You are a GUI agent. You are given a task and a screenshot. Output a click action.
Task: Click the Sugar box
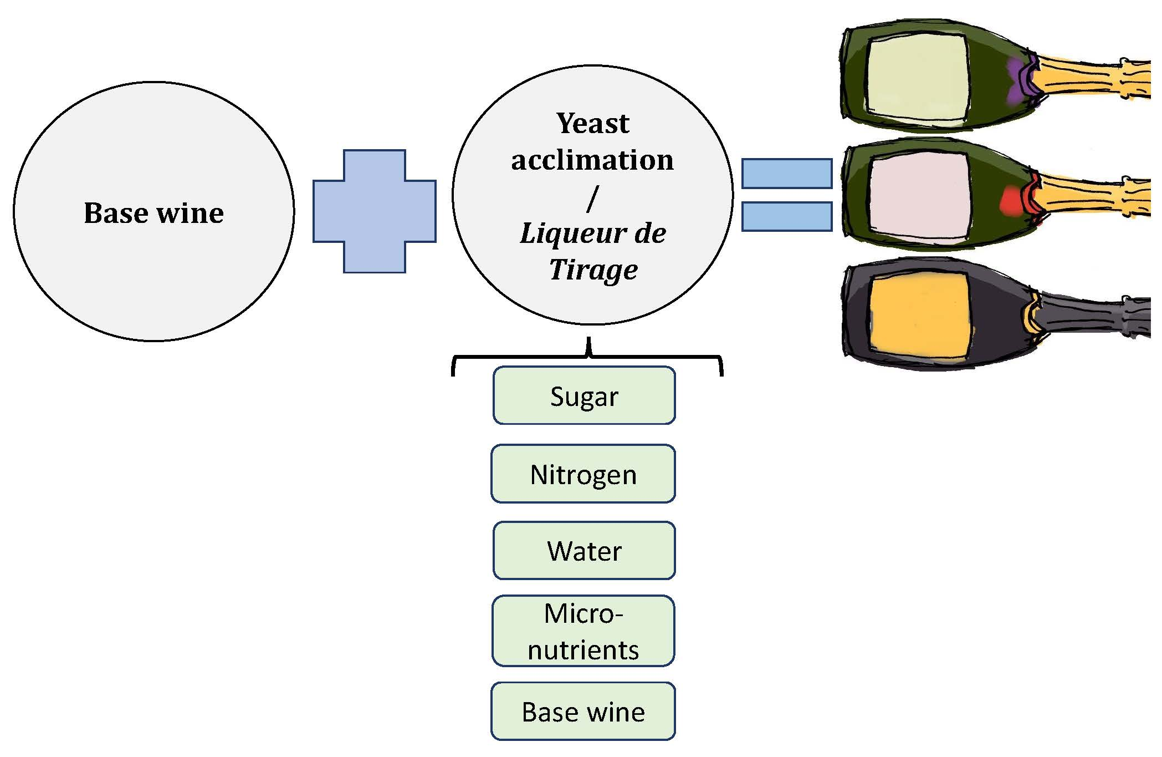[x=583, y=396]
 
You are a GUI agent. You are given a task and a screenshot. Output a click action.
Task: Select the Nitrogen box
[x=583, y=474]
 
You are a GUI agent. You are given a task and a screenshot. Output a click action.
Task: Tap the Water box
[x=583, y=551]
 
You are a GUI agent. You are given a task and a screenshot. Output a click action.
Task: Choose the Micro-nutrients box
[x=583, y=631]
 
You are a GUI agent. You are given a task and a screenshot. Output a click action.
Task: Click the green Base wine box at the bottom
[x=583, y=712]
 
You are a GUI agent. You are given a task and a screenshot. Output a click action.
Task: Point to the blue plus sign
[x=375, y=211]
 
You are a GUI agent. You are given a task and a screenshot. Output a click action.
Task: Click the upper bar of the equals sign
[x=786, y=174]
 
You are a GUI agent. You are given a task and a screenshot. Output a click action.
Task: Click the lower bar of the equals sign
[x=786, y=217]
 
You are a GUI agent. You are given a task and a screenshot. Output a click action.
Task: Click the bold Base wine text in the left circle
[x=153, y=213]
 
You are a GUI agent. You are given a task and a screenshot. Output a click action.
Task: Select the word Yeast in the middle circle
[x=592, y=123]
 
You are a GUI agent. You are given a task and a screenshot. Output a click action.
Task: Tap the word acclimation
[x=592, y=160]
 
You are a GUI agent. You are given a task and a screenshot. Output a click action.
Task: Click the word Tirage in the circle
[x=593, y=270]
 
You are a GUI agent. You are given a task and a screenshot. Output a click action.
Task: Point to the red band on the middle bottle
[x=1013, y=201]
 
